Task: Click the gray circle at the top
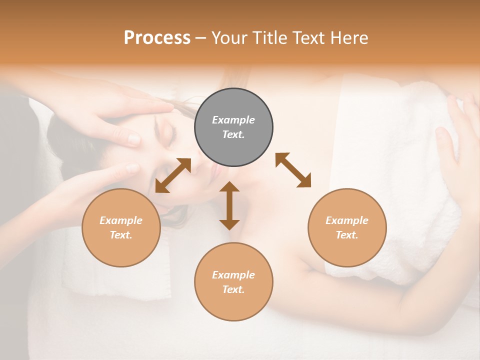233,127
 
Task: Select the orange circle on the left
121,227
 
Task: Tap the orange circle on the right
347,227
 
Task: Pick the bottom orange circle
233,282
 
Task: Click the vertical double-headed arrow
229,205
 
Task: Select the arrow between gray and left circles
173,175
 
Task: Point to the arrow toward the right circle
293,170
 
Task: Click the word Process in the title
157,37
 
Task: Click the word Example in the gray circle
233,120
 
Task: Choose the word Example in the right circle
347,220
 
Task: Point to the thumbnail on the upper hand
134,139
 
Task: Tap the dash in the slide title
200,38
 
